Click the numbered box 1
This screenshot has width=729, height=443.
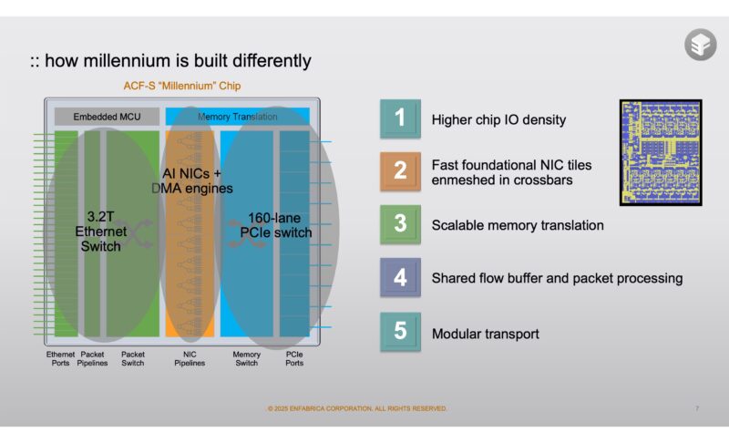(x=400, y=118)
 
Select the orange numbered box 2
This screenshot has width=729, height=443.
(x=400, y=171)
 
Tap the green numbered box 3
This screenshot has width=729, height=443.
(x=400, y=224)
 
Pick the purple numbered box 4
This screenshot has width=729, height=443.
(x=400, y=278)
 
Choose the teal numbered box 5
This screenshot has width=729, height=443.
(x=400, y=332)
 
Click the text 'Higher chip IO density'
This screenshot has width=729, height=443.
(x=498, y=119)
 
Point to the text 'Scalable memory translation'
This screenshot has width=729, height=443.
(x=518, y=225)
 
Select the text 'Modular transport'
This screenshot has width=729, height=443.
(x=486, y=334)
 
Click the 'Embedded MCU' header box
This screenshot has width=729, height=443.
(x=107, y=117)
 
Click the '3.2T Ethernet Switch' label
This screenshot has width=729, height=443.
(x=100, y=232)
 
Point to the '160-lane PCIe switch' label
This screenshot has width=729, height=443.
(x=280, y=225)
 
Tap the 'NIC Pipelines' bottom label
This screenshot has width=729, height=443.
(x=190, y=358)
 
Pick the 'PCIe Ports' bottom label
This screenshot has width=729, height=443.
(x=295, y=358)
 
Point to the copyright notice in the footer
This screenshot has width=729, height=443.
(x=357, y=408)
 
